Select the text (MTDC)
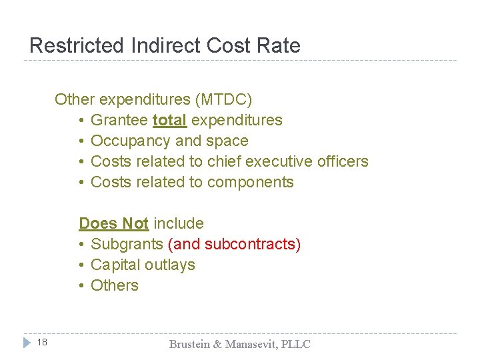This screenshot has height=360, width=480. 224,100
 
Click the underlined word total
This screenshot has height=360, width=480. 169,121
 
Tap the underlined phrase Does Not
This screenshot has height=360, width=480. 113,223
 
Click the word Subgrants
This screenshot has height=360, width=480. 127,244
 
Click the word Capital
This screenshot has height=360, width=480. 116,265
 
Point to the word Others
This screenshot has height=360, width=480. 115,285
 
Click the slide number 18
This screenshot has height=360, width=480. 42,343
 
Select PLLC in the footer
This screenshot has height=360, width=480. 295,344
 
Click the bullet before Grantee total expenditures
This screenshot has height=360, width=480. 81,121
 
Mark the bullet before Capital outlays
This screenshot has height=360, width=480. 81,265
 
